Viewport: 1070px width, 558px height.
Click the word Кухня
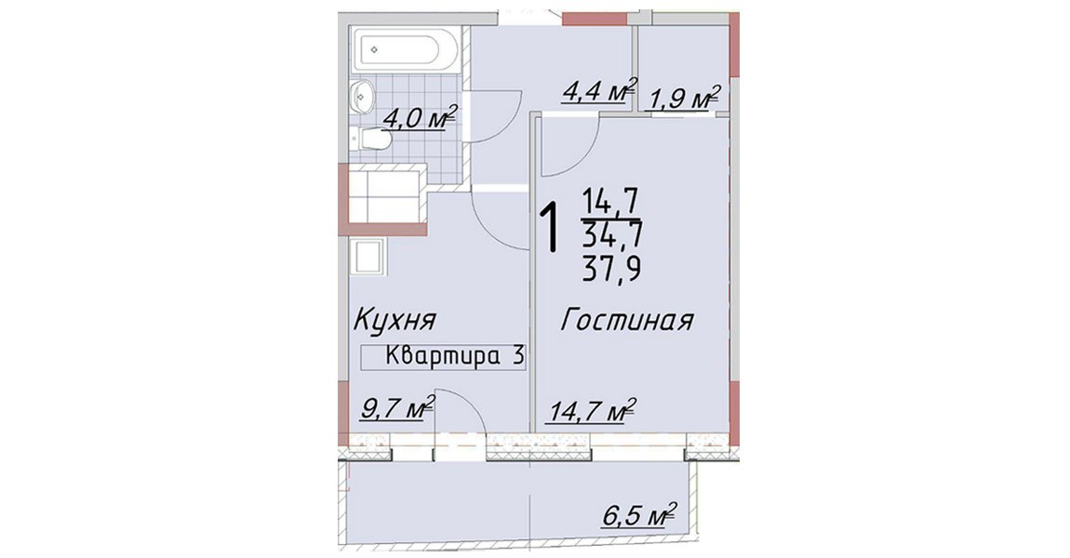tap(395, 319)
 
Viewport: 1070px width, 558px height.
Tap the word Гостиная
tap(626, 319)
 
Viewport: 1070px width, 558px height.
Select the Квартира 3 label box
tap(444, 357)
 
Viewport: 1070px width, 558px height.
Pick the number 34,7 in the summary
tap(610, 235)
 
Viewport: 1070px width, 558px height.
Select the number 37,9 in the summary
tap(610, 269)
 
